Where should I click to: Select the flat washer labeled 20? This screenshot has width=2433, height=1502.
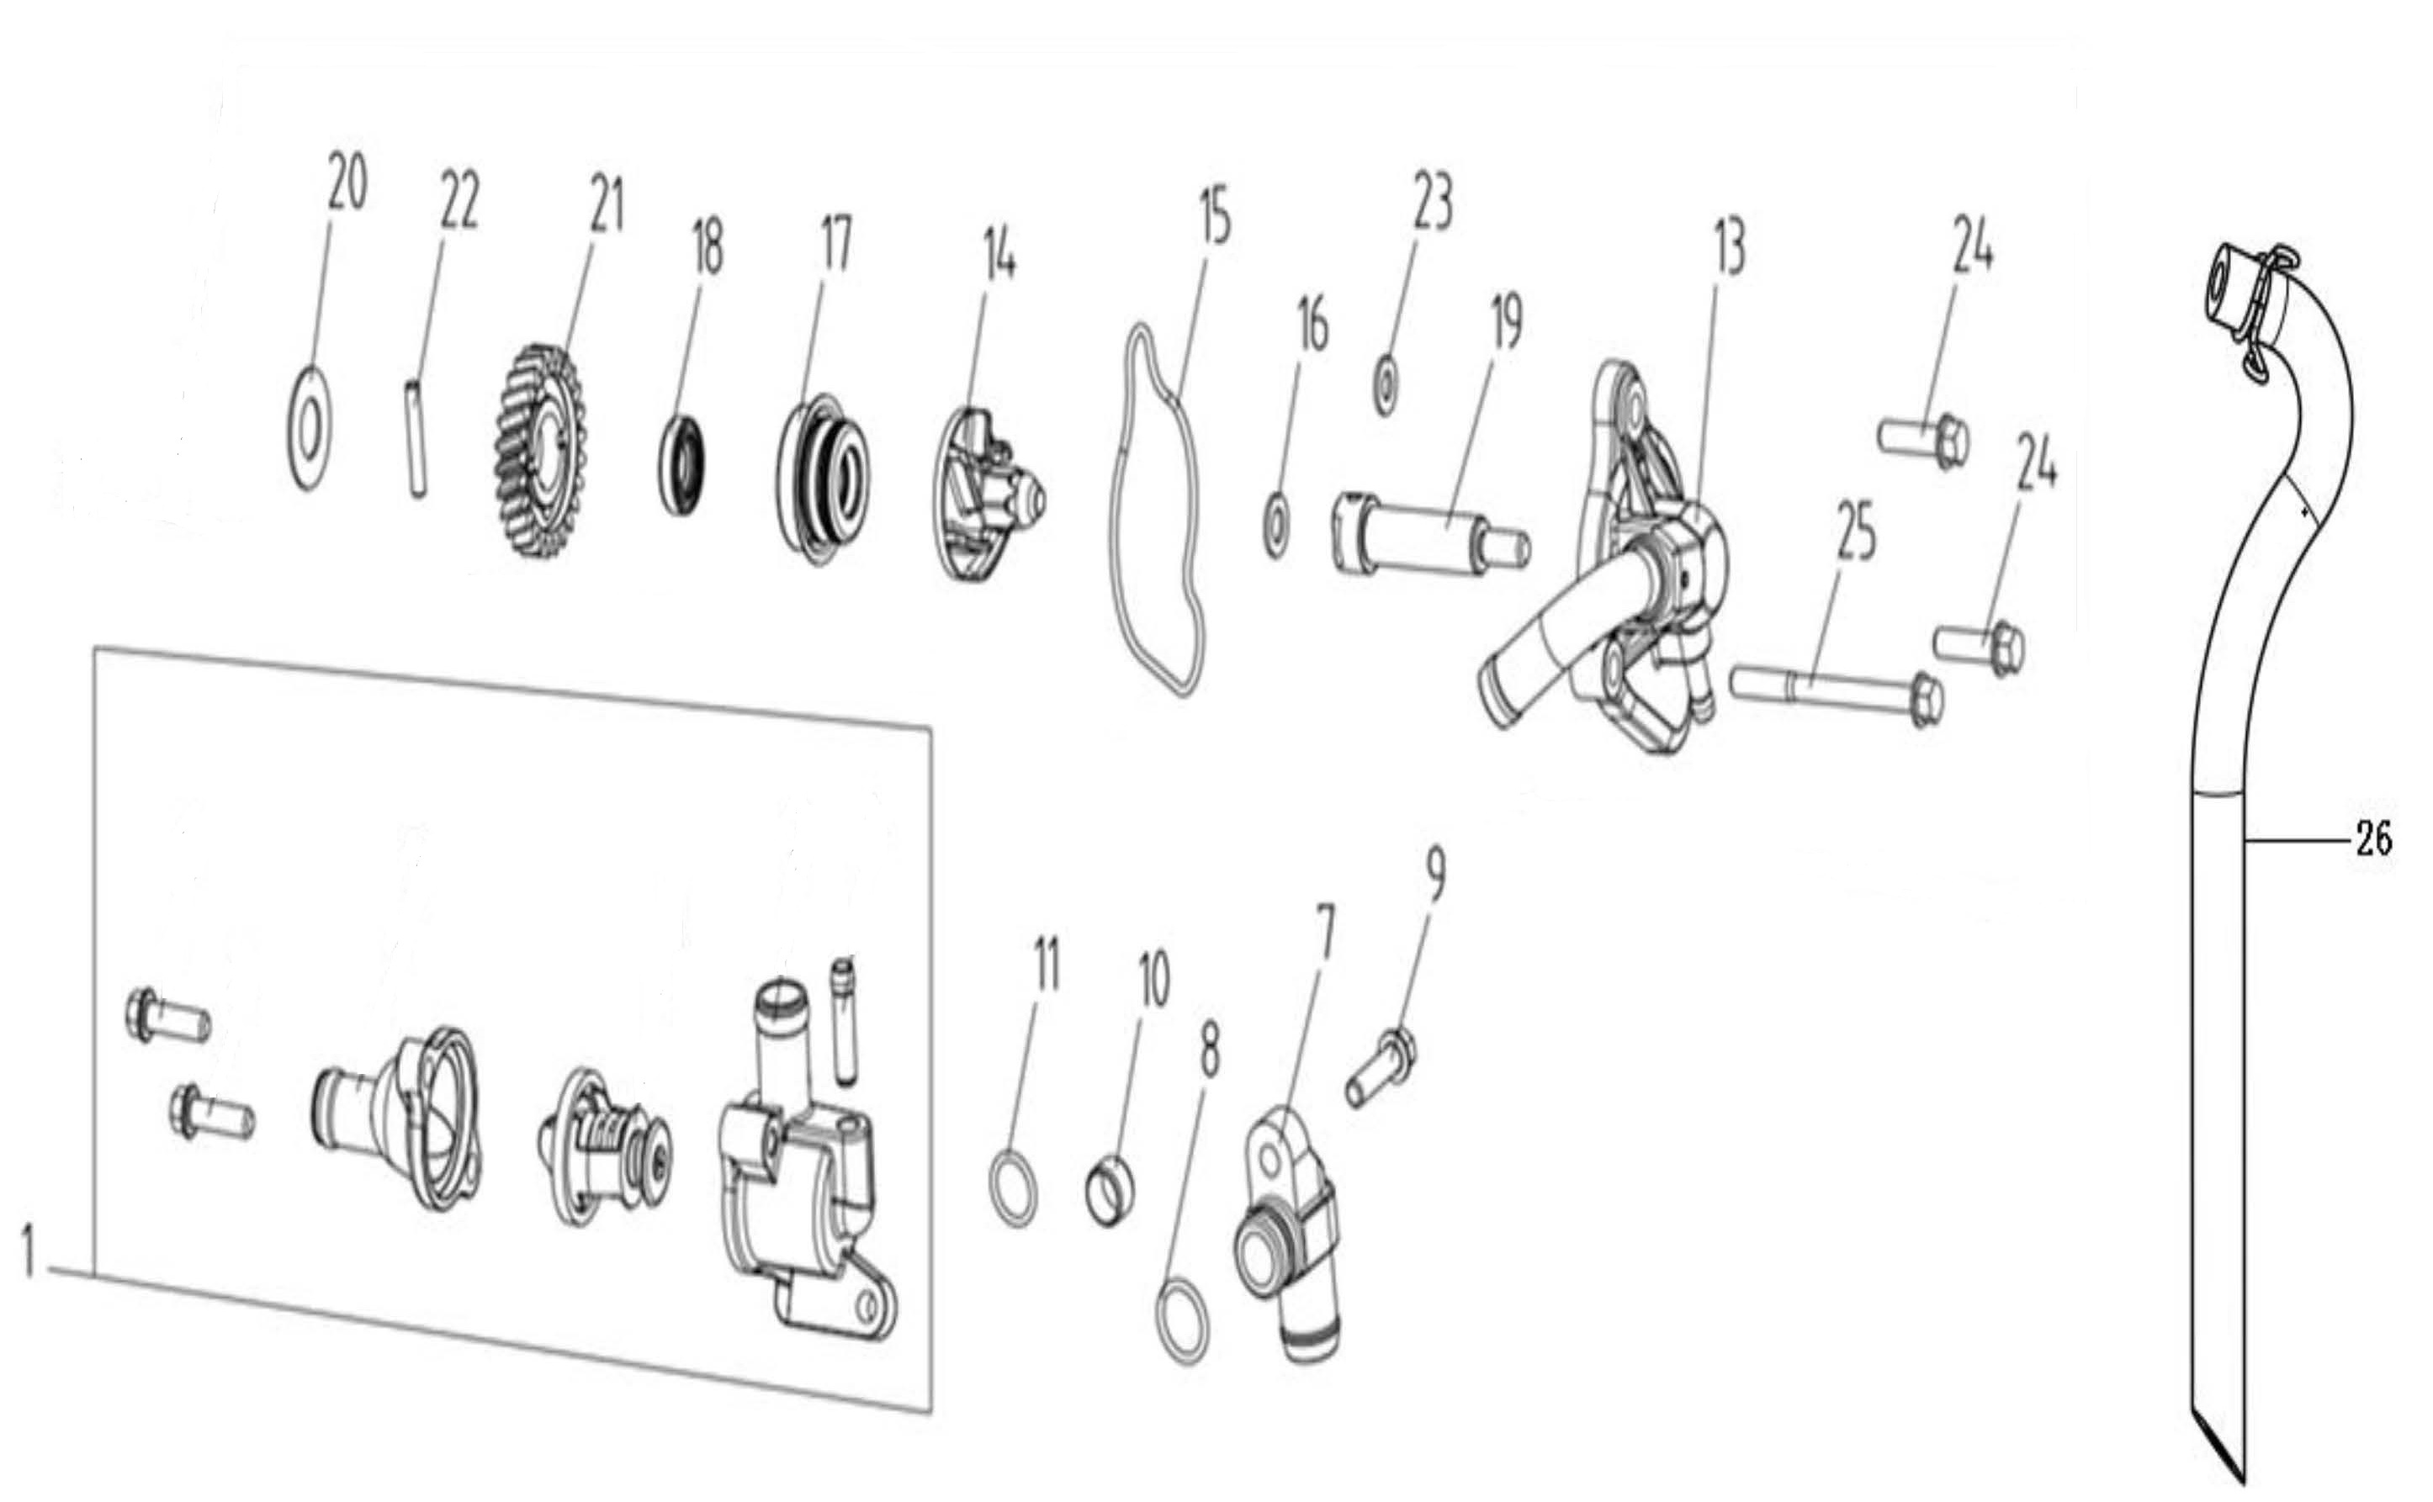(310, 428)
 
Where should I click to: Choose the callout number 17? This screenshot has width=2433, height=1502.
(835, 246)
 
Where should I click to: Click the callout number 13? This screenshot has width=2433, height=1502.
(1730, 247)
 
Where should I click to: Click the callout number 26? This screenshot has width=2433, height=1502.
(2373, 840)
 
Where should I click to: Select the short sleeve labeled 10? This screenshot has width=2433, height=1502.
(1110, 1186)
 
